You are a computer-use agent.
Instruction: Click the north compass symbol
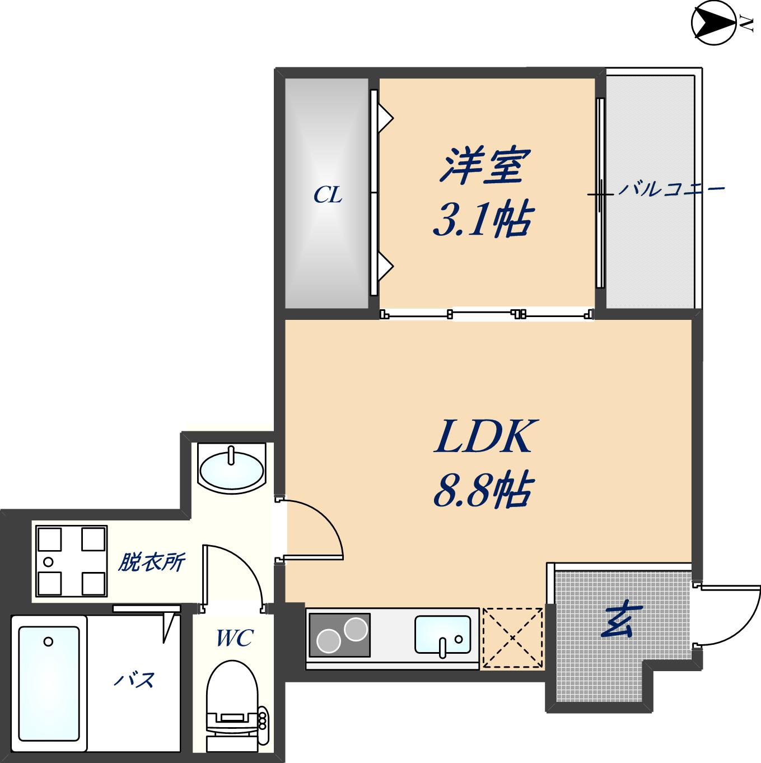[714, 23]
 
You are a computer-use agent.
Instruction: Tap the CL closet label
[328, 195]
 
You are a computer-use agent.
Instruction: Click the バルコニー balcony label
[671, 189]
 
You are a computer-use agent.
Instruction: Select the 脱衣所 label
[151, 562]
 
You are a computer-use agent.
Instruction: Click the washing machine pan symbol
[71, 561]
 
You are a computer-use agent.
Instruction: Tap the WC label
[235, 637]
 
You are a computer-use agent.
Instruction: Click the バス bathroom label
[134, 680]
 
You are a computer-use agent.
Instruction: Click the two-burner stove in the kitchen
[340, 635]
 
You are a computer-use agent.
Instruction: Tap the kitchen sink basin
[443, 635]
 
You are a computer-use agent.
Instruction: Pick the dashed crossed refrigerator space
[513, 638]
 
